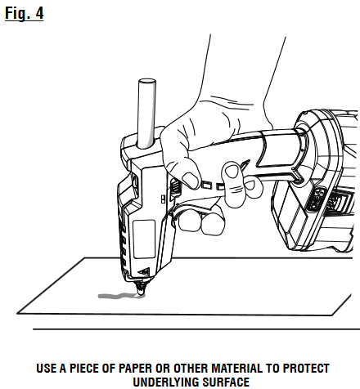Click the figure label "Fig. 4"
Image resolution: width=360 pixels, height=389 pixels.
25,13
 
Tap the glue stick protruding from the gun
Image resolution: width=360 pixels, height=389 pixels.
146,114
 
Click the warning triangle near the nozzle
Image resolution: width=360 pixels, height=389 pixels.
145,271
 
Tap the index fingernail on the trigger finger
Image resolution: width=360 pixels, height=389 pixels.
232,171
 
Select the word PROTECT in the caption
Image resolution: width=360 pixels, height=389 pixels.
306,369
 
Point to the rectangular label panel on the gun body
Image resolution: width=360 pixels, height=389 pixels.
144,239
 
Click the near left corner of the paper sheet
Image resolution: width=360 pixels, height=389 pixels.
17,313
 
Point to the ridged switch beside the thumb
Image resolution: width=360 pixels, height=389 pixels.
175,187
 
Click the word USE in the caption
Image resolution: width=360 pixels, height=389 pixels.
47,369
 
